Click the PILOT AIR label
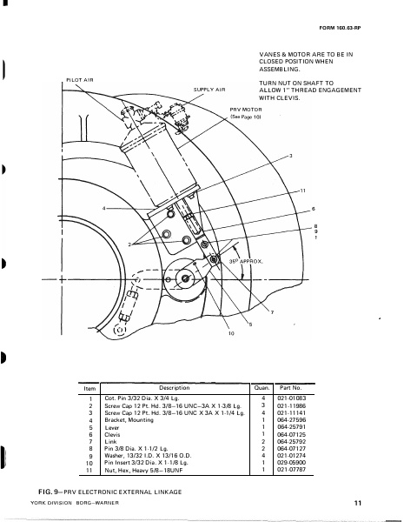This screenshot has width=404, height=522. point(79,81)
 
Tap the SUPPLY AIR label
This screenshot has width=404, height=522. point(209,89)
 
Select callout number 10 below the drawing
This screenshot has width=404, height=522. point(207,333)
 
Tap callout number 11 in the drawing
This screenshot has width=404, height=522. point(302,189)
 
